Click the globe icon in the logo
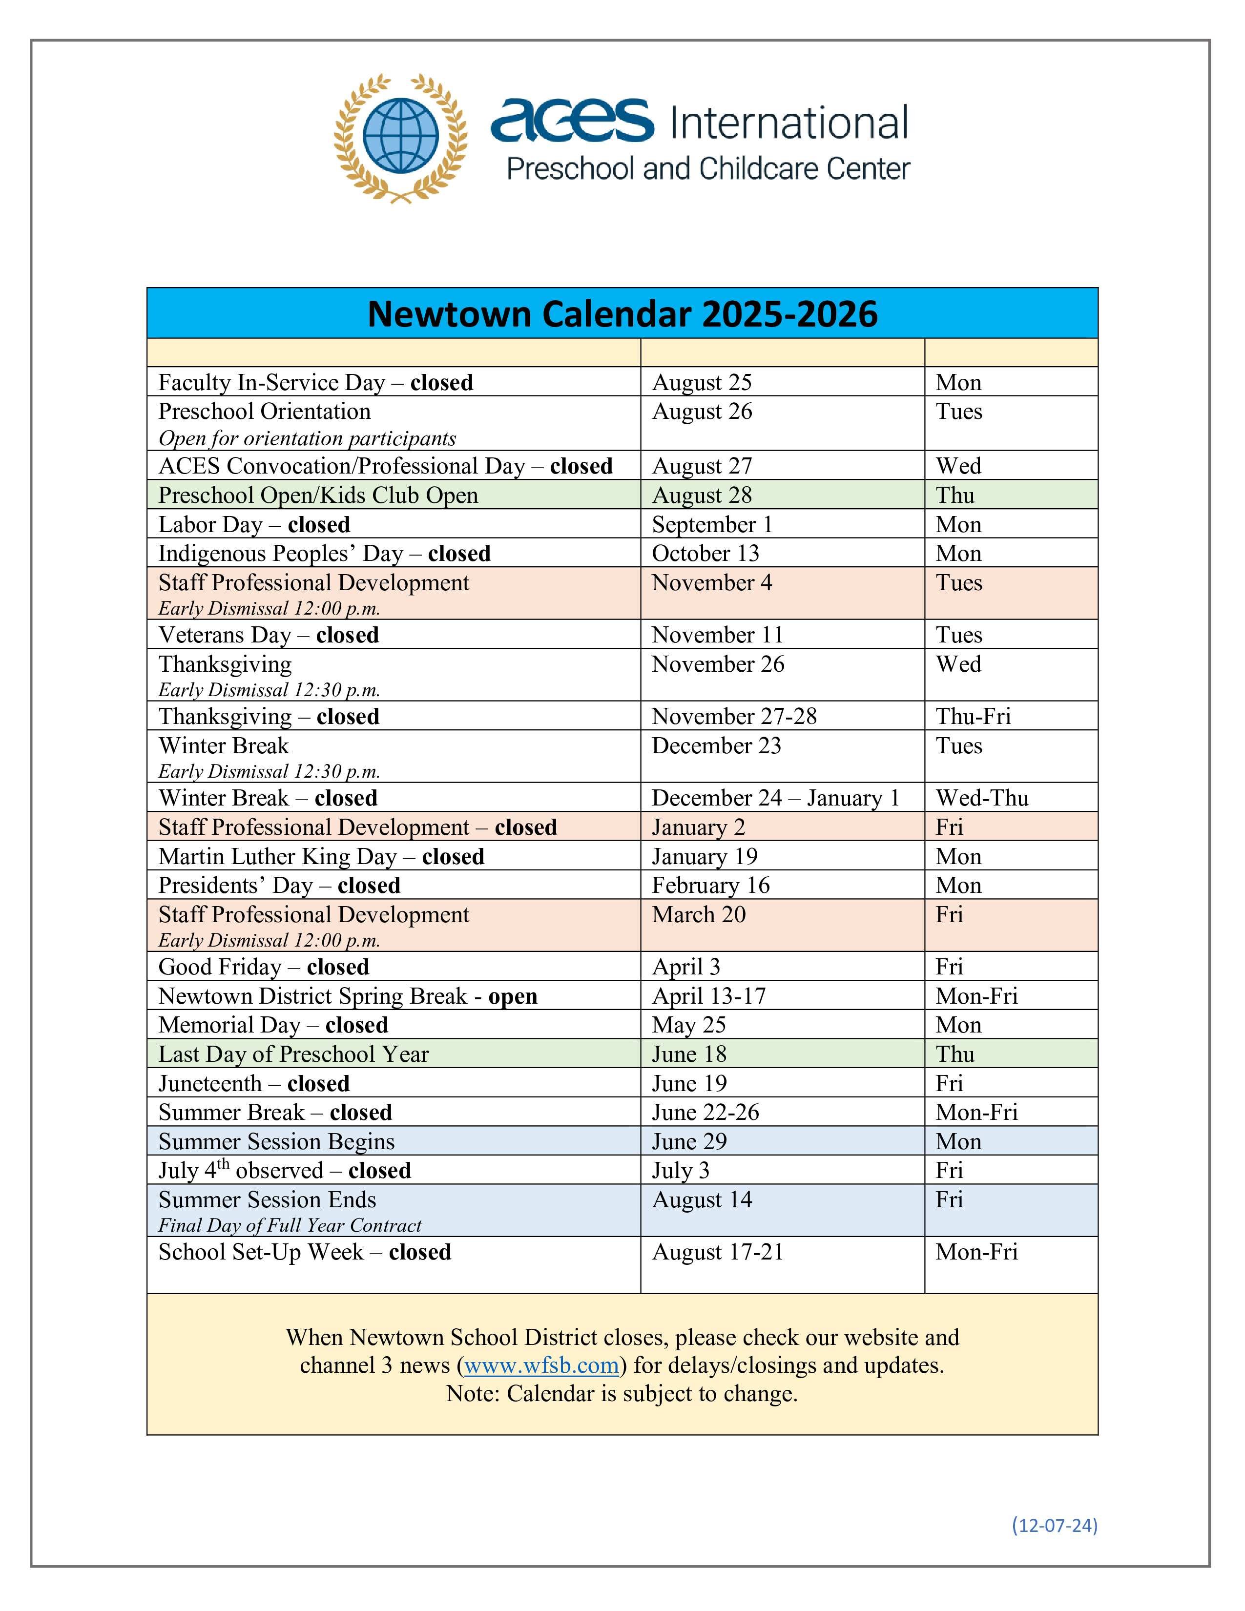(400, 137)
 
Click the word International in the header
(788, 123)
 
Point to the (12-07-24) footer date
(1054, 1525)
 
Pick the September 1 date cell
(712, 524)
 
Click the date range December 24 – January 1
(775, 798)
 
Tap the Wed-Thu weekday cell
(982, 798)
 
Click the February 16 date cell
(710, 885)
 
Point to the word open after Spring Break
(513, 996)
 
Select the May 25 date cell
(689, 1025)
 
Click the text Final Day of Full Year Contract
(290, 1225)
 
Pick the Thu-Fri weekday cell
(973, 716)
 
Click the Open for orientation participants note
(307, 439)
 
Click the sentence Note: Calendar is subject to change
(622, 1393)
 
